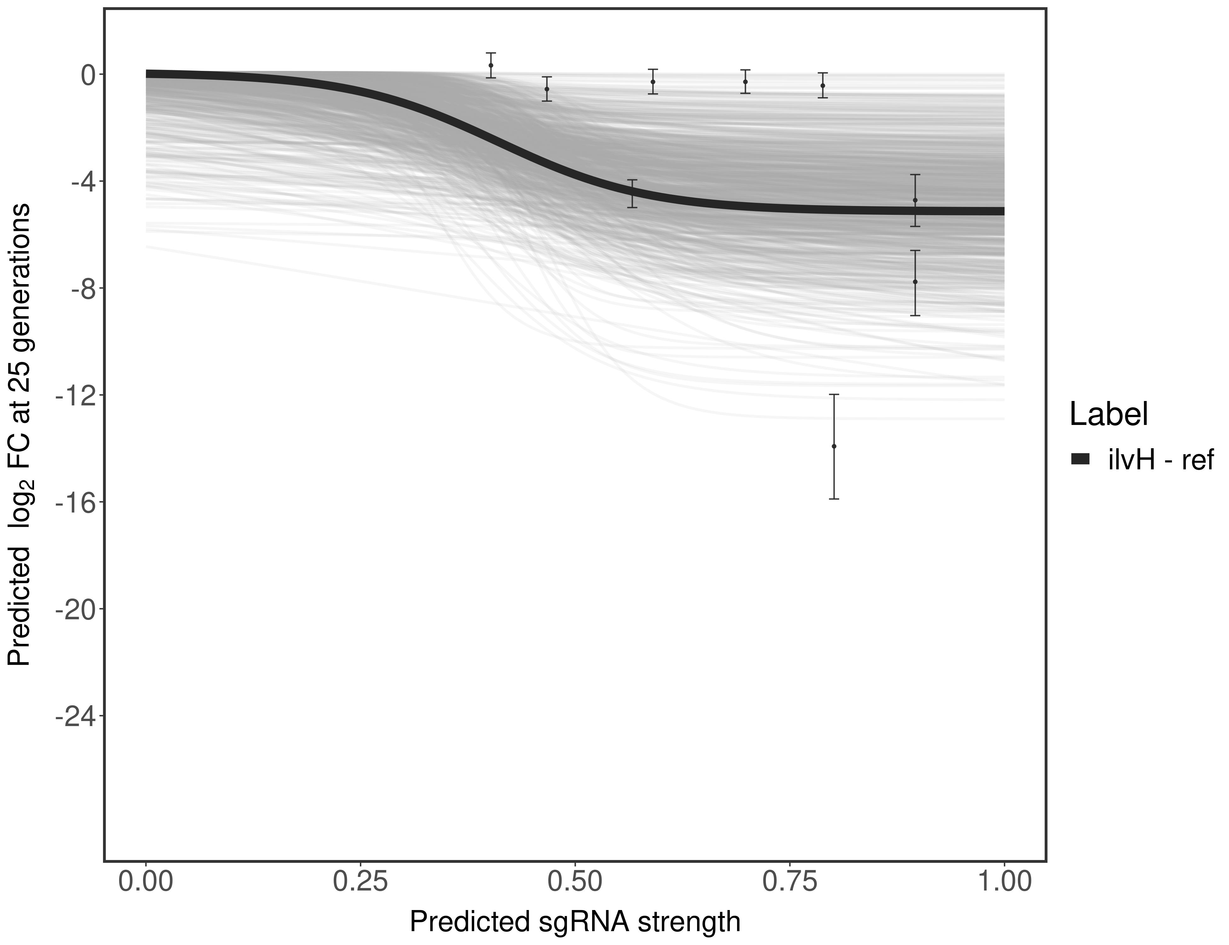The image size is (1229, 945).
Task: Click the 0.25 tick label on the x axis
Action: [x=360, y=881]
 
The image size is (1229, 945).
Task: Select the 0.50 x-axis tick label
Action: [x=574, y=881]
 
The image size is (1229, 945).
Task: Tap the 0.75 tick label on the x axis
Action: [x=789, y=881]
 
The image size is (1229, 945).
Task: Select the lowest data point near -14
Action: [x=834, y=446]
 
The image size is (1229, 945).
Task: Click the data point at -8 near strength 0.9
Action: [x=915, y=282]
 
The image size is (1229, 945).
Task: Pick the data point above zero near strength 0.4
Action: [x=491, y=65]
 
